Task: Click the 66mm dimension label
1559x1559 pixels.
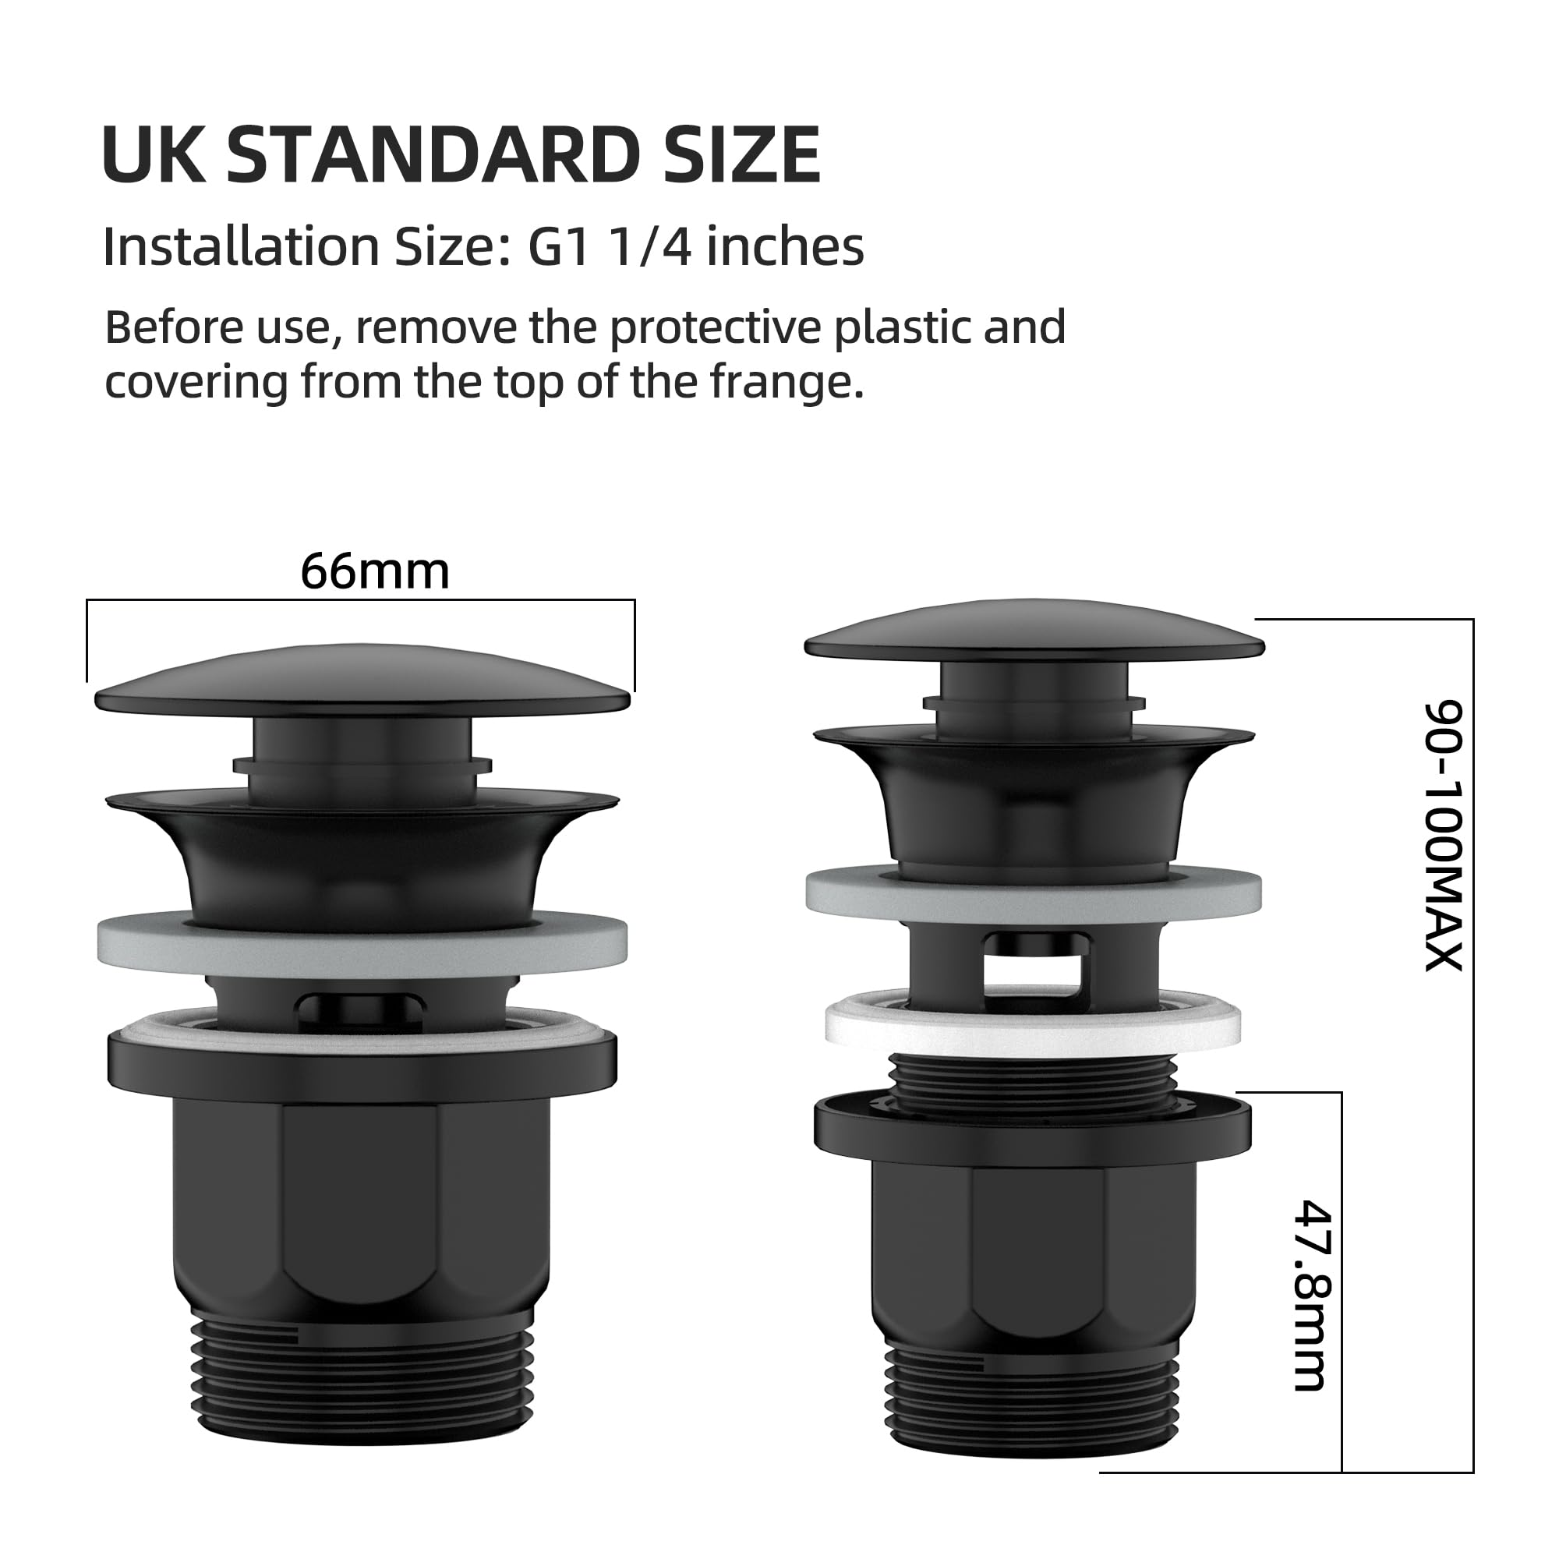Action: click(x=374, y=572)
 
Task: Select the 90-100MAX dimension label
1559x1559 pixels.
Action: click(x=1442, y=836)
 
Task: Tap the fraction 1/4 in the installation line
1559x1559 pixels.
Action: click(x=651, y=246)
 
